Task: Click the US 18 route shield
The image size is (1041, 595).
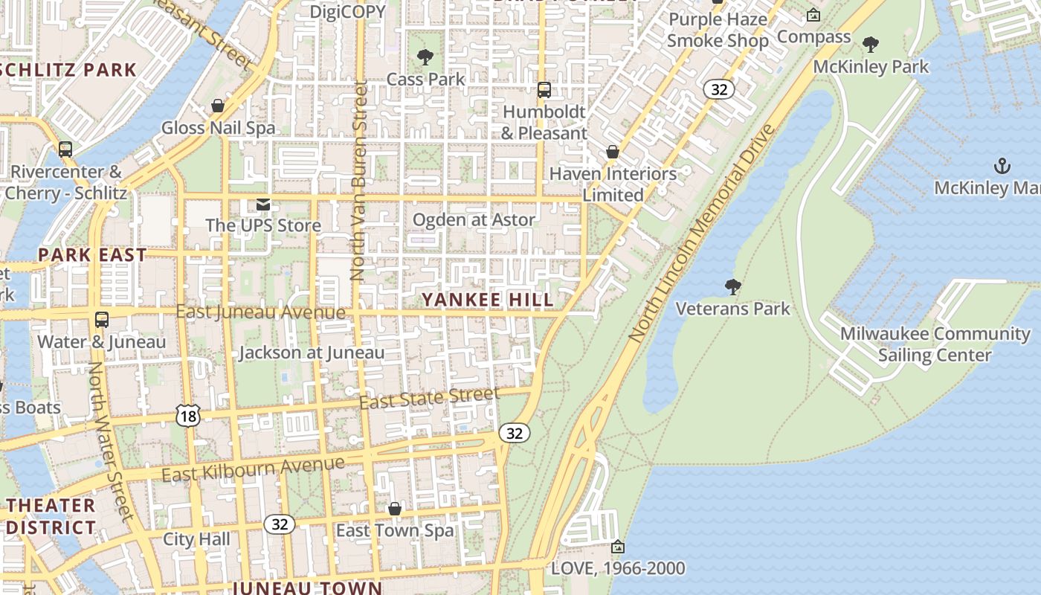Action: (188, 416)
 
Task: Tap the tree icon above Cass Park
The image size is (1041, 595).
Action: (425, 57)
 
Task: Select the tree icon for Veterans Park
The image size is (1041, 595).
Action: (732, 286)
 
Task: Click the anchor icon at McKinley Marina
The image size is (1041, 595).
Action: (1002, 165)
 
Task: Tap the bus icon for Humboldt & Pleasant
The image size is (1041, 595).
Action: (544, 90)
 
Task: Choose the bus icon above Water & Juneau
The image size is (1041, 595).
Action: (102, 320)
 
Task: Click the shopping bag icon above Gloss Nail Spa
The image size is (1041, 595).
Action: (218, 106)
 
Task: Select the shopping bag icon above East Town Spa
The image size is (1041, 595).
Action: (395, 509)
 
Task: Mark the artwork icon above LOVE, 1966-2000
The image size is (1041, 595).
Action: (617, 547)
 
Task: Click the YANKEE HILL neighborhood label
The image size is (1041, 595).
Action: (488, 300)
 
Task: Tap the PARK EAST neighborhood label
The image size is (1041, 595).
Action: (93, 255)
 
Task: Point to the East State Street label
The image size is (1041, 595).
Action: (429, 398)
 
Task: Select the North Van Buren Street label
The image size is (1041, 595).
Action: (359, 181)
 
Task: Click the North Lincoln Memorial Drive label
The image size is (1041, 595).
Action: (702, 233)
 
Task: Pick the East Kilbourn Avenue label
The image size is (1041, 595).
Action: (254, 469)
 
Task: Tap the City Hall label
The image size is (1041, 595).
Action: (196, 539)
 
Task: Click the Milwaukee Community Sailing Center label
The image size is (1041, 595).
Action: (935, 344)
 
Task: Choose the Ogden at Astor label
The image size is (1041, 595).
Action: (474, 219)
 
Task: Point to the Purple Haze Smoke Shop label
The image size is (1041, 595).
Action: (718, 30)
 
